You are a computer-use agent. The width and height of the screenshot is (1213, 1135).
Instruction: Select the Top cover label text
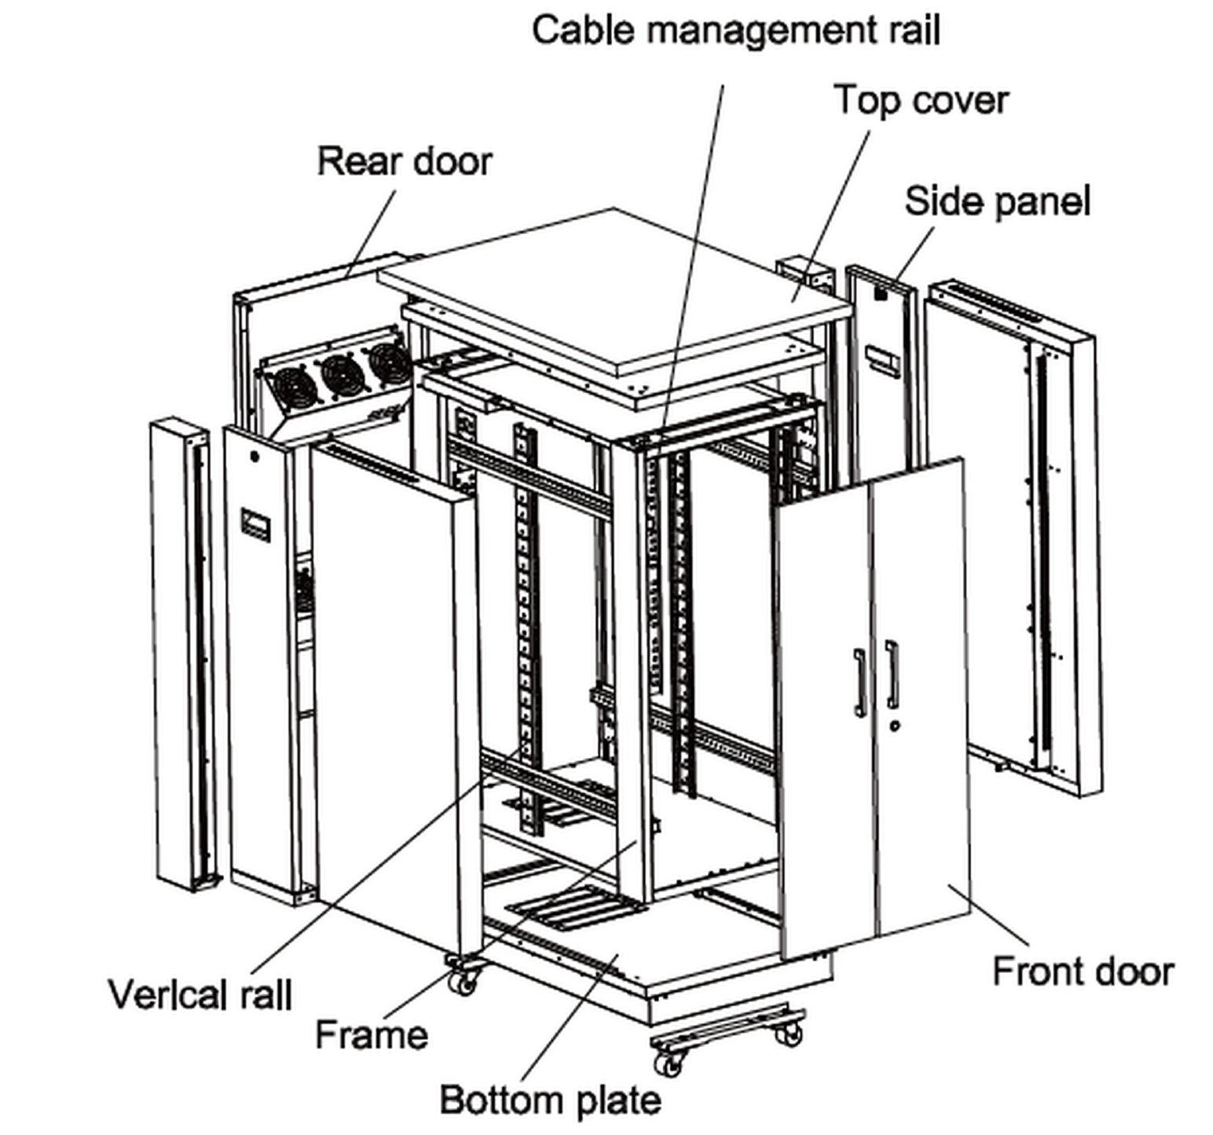click(921, 101)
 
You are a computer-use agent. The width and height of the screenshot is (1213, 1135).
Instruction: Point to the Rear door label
click(404, 161)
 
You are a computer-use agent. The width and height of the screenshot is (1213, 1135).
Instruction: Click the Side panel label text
click(997, 201)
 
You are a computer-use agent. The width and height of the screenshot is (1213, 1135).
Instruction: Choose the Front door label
click(1083, 972)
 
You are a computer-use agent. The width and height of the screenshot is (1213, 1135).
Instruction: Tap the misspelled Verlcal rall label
click(200, 994)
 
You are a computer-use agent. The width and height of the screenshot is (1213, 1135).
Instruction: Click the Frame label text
click(371, 1034)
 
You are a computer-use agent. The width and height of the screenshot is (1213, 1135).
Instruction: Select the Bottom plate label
click(550, 1100)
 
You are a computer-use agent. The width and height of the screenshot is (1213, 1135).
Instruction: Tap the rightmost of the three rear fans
click(388, 363)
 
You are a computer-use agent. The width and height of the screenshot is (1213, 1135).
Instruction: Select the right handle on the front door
click(892, 674)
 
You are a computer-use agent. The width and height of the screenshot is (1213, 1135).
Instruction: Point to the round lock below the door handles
click(894, 725)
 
